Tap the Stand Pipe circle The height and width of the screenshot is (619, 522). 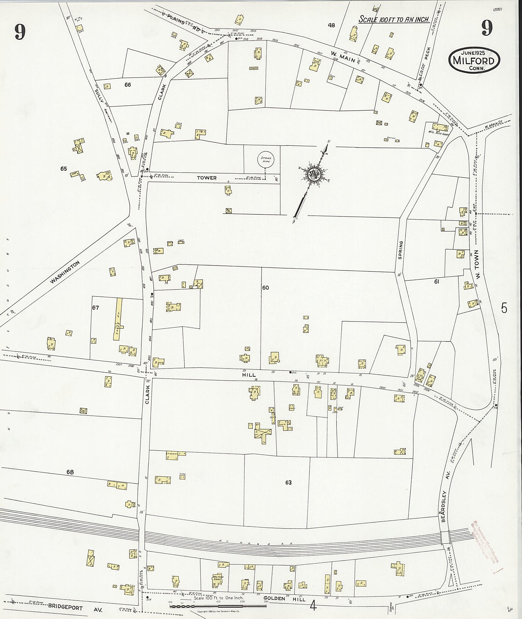[x=266, y=160]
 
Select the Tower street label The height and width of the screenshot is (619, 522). [x=207, y=178]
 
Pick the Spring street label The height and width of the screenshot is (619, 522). [x=400, y=250]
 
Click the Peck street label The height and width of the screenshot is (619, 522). [x=428, y=54]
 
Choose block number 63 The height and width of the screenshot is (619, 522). [x=288, y=483]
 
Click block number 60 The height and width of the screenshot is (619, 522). [x=266, y=288]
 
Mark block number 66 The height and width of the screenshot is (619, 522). [x=128, y=85]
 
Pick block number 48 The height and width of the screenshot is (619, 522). [x=331, y=25]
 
